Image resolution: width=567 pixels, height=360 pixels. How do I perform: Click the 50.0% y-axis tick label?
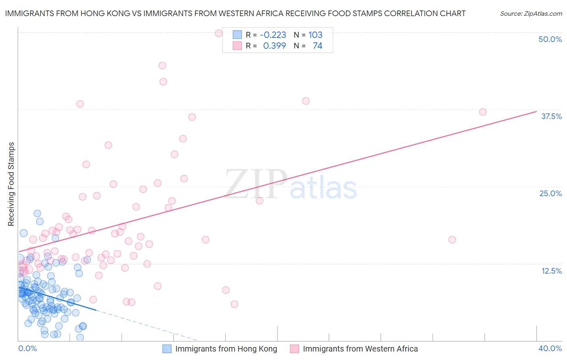(x=550, y=39)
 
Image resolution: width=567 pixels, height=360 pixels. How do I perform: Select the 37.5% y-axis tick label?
(x=551, y=116)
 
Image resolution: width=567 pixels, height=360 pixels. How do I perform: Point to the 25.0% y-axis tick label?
(x=550, y=193)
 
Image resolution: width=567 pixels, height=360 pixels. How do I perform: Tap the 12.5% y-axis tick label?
(x=551, y=271)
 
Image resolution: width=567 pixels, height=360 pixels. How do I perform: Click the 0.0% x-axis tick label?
(x=27, y=348)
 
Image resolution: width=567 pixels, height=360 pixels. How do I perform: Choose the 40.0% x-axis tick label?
(x=550, y=348)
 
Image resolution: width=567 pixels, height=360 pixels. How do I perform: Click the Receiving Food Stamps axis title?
(x=11, y=184)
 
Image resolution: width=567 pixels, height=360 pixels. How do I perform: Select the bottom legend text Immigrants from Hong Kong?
(x=226, y=349)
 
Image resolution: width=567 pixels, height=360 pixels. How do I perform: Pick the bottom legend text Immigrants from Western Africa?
(x=360, y=349)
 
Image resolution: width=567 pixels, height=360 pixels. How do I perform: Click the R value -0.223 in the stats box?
(x=273, y=35)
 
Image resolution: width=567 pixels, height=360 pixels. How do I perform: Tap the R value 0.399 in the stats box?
(x=275, y=46)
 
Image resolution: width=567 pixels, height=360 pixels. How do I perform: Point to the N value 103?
(x=315, y=35)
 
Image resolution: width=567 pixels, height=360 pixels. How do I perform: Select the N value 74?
(x=317, y=46)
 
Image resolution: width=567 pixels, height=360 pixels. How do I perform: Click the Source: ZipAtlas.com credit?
(x=531, y=14)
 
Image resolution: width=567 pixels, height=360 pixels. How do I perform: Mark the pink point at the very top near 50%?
(x=219, y=33)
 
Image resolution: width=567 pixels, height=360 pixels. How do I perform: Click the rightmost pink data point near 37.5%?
(x=483, y=112)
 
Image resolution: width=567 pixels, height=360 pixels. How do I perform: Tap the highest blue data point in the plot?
(x=37, y=213)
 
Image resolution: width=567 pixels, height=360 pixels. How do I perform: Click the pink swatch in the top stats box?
(x=237, y=46)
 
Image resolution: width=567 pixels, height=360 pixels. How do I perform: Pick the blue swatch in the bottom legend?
(x=167, y=349)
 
